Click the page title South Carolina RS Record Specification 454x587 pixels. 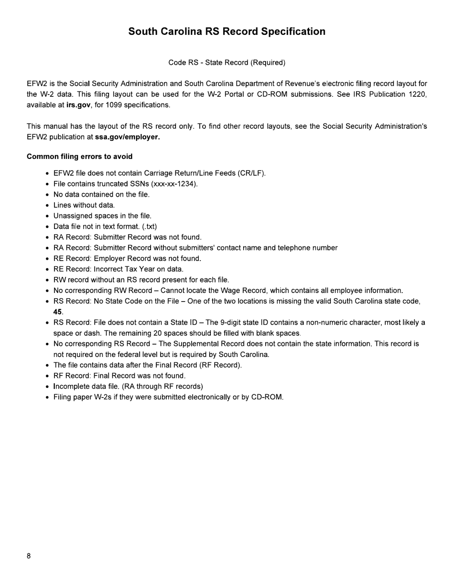coord(227,31)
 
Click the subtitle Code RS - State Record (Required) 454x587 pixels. coord(227,63)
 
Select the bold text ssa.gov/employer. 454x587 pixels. coord(128,137)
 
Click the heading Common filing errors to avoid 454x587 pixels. coord(79,157)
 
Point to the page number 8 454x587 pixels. coord(29,556)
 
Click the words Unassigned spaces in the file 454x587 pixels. coord(102,216)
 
